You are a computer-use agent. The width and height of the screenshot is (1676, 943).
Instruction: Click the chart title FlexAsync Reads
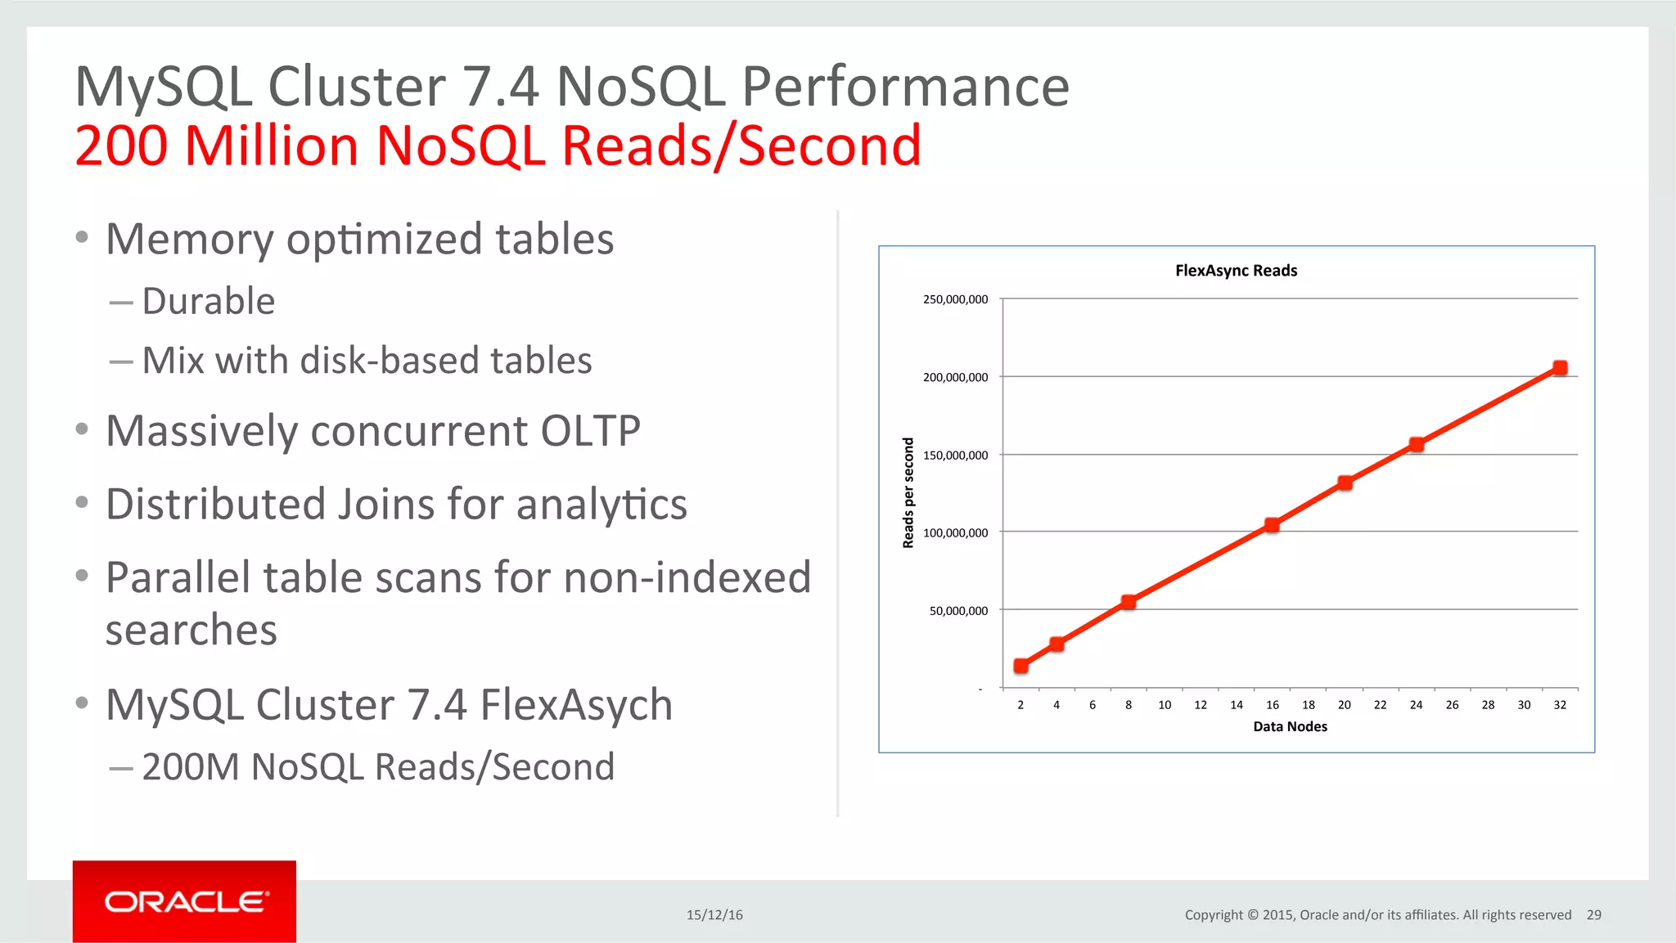click(x=1236, y=271)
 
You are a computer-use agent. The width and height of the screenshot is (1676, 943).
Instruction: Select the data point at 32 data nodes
click(x=1560, y=368)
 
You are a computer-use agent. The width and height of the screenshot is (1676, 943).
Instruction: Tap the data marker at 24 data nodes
click(x=1417, y=445)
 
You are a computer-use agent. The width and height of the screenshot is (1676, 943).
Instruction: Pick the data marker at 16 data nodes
click(x=1272, y=525)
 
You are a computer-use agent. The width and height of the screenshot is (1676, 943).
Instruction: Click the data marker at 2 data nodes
click(x=1021, y=666)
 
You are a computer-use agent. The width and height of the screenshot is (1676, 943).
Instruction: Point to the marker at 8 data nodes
click(x=1129, y=602)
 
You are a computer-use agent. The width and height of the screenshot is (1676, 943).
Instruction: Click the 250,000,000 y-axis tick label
click(x=955, y=299)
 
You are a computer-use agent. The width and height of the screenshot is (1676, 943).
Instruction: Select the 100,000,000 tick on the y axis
click(x=955, y=532)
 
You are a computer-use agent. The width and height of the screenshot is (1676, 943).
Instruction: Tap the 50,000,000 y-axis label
click(x=958, y=610)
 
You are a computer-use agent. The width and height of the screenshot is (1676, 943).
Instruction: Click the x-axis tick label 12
click(x=1201, y=705)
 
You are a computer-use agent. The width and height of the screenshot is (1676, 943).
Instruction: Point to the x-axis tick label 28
click(x=1488, y=705)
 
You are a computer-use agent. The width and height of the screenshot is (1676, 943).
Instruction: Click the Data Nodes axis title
click(x=1290, y=726)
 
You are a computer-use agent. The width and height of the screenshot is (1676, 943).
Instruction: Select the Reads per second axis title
click(x=908, y=492)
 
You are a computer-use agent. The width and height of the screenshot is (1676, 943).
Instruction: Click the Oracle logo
click(x=185, y=901)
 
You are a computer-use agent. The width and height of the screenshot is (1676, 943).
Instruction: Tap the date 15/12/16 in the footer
click(x=714, y=915)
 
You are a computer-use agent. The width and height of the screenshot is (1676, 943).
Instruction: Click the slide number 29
click(x=1593, y=915)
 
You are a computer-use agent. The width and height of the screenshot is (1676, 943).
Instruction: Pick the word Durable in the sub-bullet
click(x=209, y=301)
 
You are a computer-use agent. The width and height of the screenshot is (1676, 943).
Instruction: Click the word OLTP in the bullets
click(x=590, y=431)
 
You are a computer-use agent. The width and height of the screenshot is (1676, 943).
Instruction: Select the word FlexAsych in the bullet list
click(x=576, y=705)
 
